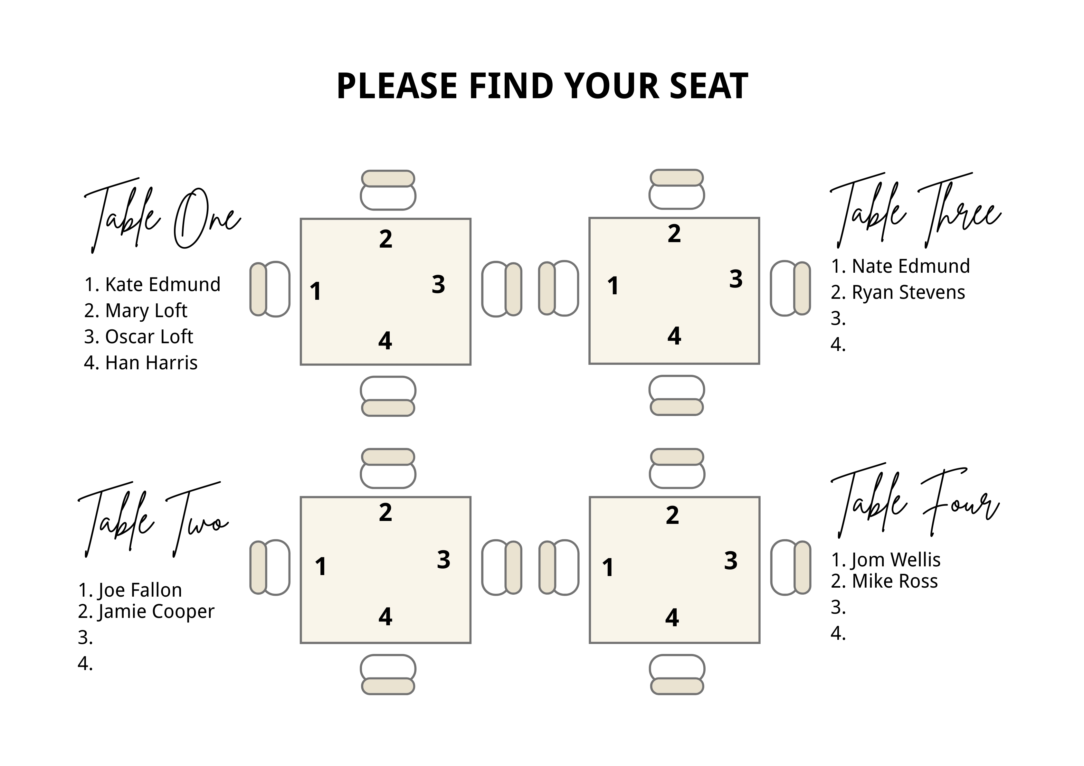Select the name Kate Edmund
coord(162,285)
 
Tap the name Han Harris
coord(151,363)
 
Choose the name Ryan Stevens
coord(908,293)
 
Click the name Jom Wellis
coord(895,560)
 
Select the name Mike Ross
coord(894,582)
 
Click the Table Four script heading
coord(915,503)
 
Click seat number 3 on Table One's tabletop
coord(438,285)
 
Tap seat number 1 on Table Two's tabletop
coord(320,567)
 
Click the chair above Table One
coord(388,190)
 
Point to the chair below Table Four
coord(677,675)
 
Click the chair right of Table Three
coord(790,288)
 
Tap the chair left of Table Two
coord(270,567)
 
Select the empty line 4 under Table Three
coord(839,345)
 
